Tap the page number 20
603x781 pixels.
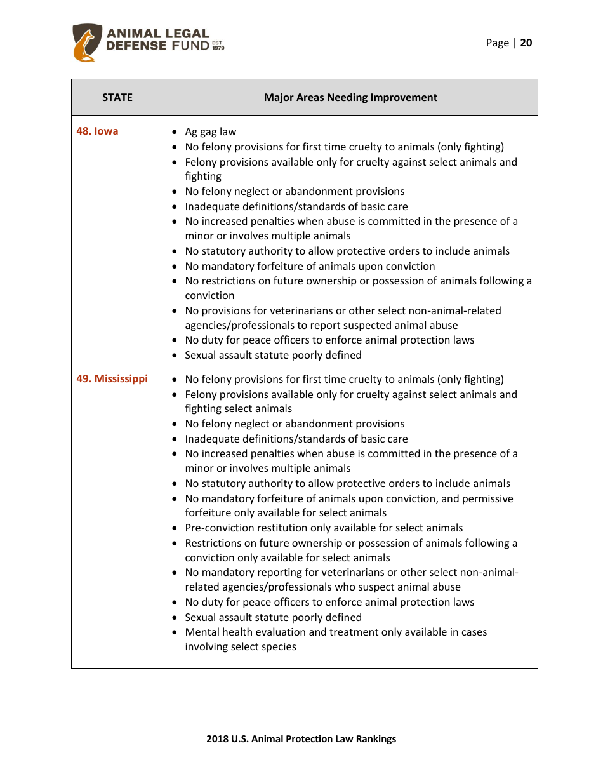(526, 43)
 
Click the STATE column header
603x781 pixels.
(117, 97)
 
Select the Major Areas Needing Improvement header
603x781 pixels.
(350, 97)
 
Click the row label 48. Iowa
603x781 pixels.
(97, 131)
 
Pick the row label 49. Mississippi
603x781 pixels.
(112, 379)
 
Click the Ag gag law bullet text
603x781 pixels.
(210, 132)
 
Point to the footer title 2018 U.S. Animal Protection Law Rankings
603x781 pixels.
(301, 739)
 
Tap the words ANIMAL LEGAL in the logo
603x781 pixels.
(157, 34)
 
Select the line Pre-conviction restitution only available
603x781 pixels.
(324, 528)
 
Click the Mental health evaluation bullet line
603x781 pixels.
(336, 632)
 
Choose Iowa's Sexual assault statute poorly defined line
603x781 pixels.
(273, 356)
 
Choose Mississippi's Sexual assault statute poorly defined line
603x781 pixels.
(273, 618)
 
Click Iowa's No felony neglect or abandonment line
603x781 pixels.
(295, 192)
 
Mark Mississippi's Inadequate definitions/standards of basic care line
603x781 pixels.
(296, 439)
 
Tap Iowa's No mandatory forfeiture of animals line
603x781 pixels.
(310, 267)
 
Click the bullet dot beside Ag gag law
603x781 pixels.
(175, 132)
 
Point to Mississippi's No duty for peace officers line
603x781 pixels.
(329, 603)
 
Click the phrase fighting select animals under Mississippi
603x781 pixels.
(239, 409)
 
